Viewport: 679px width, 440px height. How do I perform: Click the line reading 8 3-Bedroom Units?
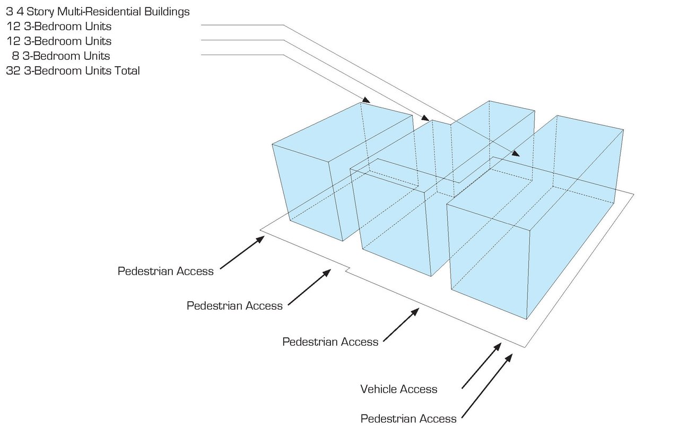61,56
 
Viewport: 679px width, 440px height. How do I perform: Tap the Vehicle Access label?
399,389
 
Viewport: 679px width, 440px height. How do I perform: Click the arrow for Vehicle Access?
481,366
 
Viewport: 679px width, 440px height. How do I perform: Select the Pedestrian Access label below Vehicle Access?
408,419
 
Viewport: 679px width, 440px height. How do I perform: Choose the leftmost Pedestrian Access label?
166,271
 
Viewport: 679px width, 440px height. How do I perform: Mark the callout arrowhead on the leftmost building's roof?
367,100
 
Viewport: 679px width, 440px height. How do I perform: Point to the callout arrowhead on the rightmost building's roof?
516,154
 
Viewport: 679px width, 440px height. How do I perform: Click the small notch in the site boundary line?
348,270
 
